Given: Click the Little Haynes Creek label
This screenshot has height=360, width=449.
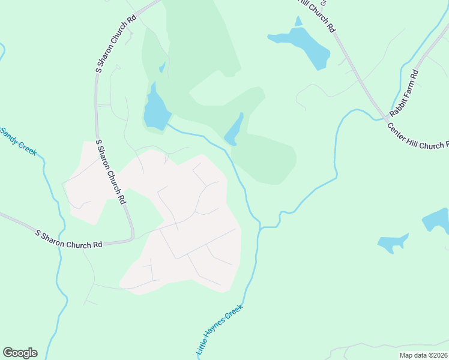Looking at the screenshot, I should tap(219, 331).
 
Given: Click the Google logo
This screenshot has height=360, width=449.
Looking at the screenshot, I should tap(20, 353).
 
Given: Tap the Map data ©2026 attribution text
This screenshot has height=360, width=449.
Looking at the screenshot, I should tap(424, 355).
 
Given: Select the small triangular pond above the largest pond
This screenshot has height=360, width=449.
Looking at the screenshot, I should tap(298, 22).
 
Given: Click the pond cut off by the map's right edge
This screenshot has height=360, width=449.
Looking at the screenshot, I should tap(437, 220).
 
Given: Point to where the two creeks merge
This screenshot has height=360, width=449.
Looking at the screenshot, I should tap(261, 227).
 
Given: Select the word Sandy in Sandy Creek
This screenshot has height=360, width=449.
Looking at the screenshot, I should tap(10, 136).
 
